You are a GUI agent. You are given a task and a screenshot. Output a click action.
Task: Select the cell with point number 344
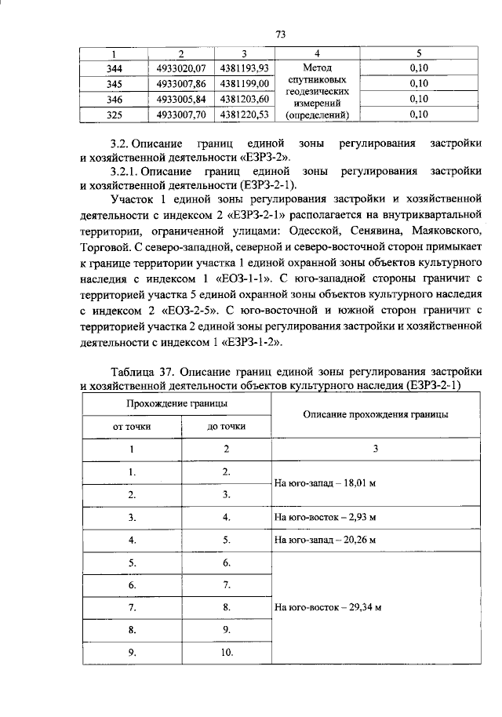(114, 68)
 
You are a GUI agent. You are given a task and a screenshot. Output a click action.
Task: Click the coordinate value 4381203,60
(245, 99)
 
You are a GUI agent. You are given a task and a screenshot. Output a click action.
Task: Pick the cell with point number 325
(114, 114)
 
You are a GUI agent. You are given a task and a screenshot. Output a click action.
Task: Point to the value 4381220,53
(245, 114)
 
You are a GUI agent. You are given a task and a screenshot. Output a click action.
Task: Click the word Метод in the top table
(317, 68)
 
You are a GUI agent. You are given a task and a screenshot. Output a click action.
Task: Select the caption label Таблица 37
(145, 371)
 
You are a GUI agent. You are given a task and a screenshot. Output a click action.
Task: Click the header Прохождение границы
(177, 402)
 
